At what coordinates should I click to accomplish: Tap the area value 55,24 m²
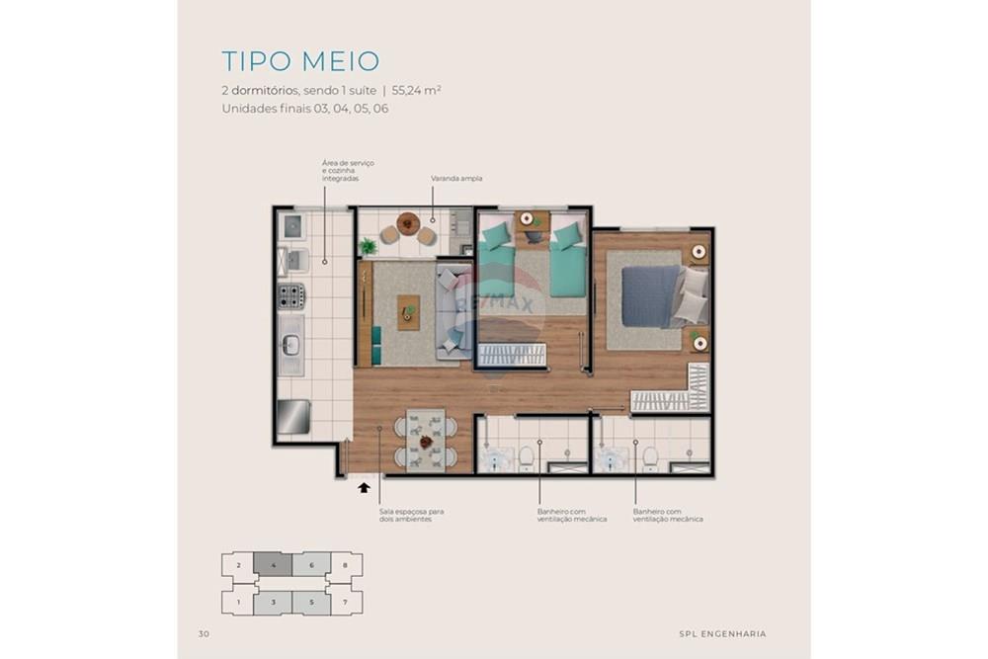tap(416, 90)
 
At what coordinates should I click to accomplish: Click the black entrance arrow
tap(364, 486)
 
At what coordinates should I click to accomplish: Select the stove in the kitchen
tap(290, 294)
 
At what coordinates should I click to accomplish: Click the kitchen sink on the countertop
tap(291, 345)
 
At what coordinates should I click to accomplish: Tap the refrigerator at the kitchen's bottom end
tap(293, 417)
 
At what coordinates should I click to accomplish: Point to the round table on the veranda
tap(407, 222)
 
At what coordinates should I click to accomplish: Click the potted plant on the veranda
tap(369, 245)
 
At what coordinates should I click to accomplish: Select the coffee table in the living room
tap(407, 312)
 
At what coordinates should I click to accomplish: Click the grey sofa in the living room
tap(453, 311)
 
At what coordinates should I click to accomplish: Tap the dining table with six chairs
tap(426, 441)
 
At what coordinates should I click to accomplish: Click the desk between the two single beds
tap(533, 219)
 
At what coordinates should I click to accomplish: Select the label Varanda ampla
tap(455, 179)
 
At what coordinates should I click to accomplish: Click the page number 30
tap(204, 633)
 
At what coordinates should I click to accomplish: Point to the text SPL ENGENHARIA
tap(722, 633)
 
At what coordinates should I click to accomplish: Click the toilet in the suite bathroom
tap(650, 456)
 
